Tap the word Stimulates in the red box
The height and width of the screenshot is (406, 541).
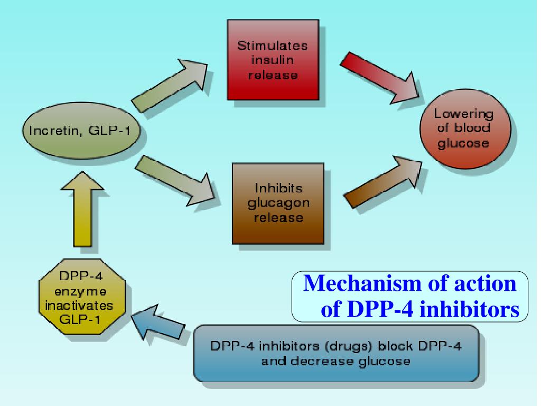[273, 46]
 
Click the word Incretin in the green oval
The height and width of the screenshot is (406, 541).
[54, 130]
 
